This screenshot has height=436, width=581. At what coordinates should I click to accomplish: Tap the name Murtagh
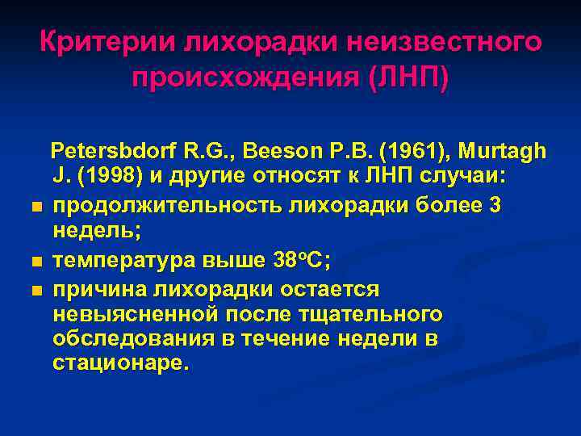pos(500,151)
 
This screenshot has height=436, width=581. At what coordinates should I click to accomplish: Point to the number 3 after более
pos(495,205)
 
